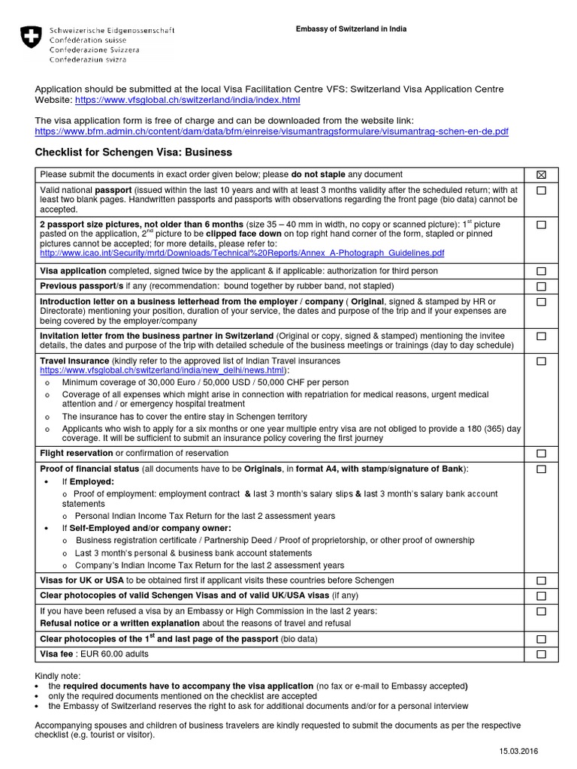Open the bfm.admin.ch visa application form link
click(272, 131)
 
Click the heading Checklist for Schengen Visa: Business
click(134, 152)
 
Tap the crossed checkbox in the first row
click(541, 175)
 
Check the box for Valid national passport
click(541, 191)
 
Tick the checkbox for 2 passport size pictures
click(541, 225)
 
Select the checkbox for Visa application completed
click(541, 271)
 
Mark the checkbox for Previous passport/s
click(541, 287)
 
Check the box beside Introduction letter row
click(541, 302)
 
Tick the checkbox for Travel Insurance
click(541, 361)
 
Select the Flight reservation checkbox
click(541, 454)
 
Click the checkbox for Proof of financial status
click(541, 469)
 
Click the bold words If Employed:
click(88, 481)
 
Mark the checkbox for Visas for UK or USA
click(541, 581)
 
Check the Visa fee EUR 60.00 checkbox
click(541, 655)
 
